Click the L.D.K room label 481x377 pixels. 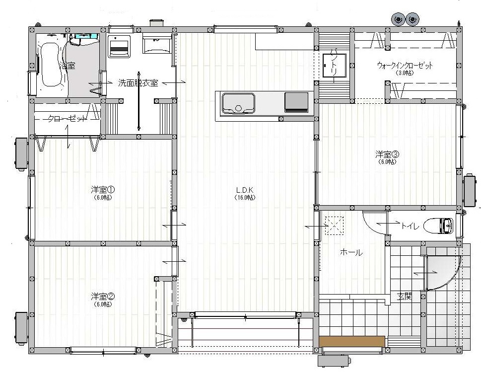[x=245, y=190]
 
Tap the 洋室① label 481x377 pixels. [x=103, y=189]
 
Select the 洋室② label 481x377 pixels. [x=103, y=297]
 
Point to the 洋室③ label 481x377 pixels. [x=387, y=154]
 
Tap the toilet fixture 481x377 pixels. [x=441, y=226]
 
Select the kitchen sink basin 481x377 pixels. [x=238, y=103]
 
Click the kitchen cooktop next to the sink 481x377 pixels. [x=296, y=102]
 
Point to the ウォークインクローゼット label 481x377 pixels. [x=405, y=66]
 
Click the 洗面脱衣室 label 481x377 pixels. [x=138, y=83]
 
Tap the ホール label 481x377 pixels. [x=351, y=252]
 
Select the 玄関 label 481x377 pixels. [x=404, y=297]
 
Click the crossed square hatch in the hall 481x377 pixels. [x=334, y=225]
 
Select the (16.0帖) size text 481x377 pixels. [x=245, y=197]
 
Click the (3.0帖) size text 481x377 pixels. [x=405, y=73]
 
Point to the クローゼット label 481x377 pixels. [x=68, y=119]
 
